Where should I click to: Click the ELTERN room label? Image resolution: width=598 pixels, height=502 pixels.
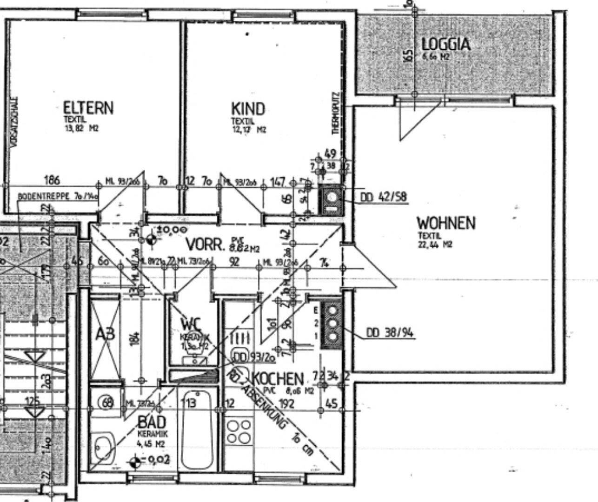click(88, 108)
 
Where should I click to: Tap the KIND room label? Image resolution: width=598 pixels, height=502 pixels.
click(248, 109)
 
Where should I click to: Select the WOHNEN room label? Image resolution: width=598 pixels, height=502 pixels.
click(446, 223)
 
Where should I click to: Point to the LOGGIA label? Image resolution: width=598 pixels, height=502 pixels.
click(445, 45)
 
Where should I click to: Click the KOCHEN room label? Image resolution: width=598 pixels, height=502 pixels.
click(278, 378)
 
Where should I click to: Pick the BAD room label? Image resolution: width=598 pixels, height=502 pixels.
click(152, 422)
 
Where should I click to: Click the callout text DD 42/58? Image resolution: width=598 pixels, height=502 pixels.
click(384, 197)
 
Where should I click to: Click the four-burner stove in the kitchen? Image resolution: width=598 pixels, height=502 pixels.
click(239, 432)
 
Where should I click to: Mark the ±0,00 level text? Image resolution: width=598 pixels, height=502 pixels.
click(172, 229)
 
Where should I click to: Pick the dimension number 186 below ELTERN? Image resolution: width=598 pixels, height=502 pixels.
click(52, 179)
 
